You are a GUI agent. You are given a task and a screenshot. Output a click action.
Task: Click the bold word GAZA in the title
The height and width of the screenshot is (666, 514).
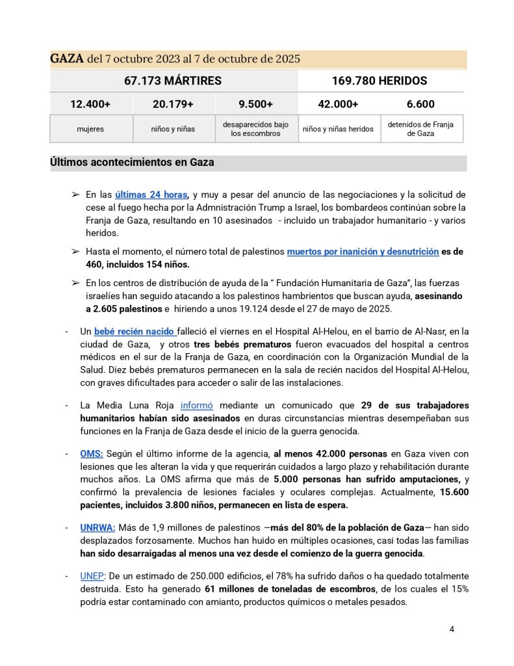tap(67, 59)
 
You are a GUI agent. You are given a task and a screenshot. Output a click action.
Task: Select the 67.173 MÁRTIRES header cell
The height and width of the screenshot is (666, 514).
tap(173, 81)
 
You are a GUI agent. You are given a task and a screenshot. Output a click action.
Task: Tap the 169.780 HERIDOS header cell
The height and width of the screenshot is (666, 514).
tap(381, 81)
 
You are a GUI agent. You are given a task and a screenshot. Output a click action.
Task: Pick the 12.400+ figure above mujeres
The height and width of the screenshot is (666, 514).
tap(91, 104)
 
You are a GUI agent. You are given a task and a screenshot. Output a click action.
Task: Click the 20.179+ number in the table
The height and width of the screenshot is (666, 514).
tap(173, 104)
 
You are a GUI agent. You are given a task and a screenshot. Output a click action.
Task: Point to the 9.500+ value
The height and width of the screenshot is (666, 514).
tap(255, 104)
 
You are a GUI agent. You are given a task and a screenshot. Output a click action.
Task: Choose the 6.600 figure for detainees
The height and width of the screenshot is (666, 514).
tap(420, 104)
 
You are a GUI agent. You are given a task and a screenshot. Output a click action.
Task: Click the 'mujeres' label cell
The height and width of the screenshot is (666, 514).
tap(91, 129)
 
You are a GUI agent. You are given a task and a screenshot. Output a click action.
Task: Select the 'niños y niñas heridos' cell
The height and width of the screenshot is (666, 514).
tap(338, 129)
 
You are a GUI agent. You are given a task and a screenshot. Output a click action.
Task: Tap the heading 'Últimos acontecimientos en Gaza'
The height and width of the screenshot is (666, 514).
tap(132, 163)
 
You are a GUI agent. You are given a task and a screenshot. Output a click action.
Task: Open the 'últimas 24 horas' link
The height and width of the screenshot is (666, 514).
tap(151, 194)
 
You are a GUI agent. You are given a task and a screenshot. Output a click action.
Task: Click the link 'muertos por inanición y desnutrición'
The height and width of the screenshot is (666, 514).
tap(363, 251)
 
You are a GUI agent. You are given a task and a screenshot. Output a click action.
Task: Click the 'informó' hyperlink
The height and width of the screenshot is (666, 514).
tap(196, 405)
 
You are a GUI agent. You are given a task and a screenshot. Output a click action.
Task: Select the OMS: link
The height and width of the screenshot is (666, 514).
tap(92, 453)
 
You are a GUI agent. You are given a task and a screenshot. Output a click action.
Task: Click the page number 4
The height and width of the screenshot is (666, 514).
tap(452, 630)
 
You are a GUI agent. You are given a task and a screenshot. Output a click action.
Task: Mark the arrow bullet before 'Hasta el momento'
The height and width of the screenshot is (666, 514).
tap(75, 252)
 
